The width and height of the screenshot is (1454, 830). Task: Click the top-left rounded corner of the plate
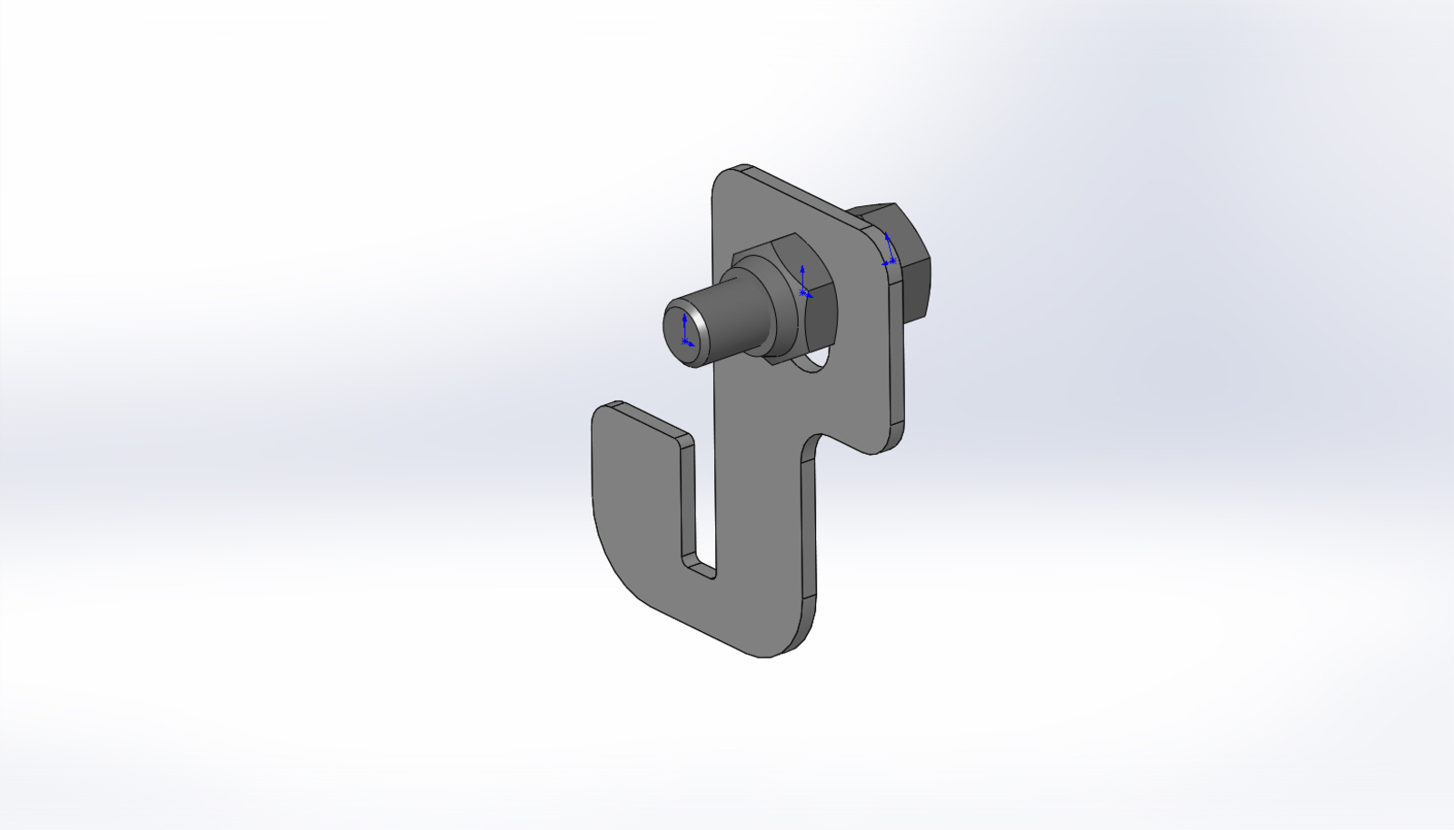click(x=723, y=178)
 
